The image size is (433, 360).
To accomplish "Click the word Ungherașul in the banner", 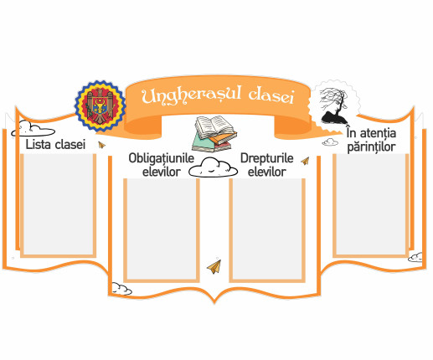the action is [x=191, y=95].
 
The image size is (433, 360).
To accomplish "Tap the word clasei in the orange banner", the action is [x=271, y=95].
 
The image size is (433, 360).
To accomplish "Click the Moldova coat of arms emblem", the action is [x=100, y=106].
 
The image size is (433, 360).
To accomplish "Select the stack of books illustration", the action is [x=214, y=134].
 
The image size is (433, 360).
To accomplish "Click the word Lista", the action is [x=38, y=144].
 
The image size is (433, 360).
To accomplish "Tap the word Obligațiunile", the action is [x=162, y=158].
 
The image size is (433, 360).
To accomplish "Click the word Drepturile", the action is [x=267, y=158].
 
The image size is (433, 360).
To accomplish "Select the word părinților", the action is [x=371, y=147].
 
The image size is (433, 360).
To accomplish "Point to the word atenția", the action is [x=378, y=133].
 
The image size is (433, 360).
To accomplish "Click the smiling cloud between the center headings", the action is [x=214, y=167].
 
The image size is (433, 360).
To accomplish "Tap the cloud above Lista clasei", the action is [x=33, y=129].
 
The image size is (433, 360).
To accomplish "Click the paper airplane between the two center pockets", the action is [x=214, y=266].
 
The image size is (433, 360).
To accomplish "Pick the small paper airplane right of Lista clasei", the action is [x=101, y=145].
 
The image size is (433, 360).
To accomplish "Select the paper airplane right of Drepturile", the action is [x=305, y=161].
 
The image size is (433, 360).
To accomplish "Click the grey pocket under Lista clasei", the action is [x=59, y=205].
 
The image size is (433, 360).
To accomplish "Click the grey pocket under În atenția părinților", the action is [x=371, y=205].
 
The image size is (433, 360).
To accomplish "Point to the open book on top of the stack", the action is [x=214, y=127].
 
